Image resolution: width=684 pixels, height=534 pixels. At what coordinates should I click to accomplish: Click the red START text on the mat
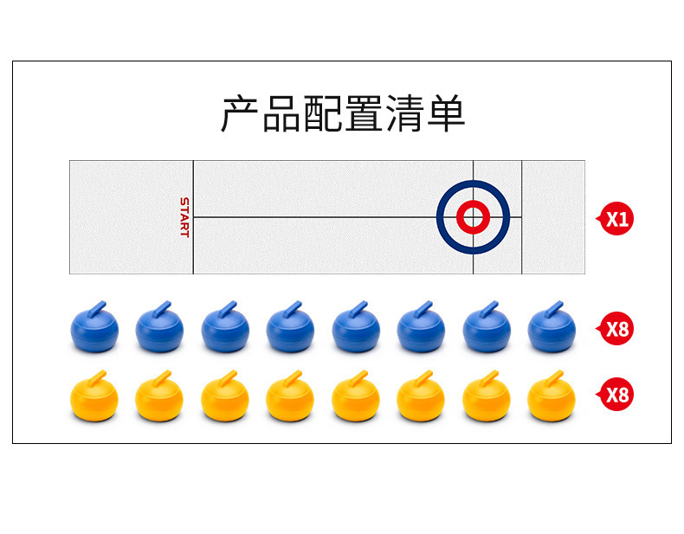(x=184, y=217)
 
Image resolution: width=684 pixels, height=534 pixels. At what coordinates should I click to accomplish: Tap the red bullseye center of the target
(x=473, y=217)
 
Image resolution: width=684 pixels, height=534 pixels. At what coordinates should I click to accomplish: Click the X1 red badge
(x=616, y=219)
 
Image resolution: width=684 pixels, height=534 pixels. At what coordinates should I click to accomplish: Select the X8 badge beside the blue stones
(x=616, y=329)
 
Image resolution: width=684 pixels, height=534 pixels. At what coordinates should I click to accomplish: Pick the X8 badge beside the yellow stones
(x=616, y=396)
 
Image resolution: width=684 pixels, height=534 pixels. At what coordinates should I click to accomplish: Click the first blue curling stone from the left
(x=94, y=329)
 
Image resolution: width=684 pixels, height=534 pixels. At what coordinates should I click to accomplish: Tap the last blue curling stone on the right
(x=552, y=329)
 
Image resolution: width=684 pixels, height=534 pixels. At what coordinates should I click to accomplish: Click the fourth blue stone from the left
(x=290, y=329)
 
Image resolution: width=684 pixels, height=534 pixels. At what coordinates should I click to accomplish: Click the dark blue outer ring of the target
(x=444, y=217)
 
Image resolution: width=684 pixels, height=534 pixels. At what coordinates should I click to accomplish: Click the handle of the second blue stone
(x=163, y=308)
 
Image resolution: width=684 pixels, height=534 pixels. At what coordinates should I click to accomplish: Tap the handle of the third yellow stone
(x=229, y=376)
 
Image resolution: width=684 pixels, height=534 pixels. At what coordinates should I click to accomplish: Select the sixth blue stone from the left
(x=421, y=329)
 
